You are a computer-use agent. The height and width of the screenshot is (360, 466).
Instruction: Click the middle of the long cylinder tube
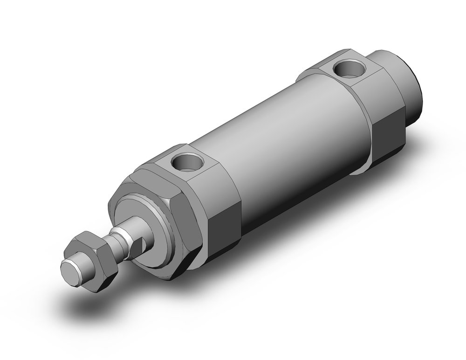(x=289, y=140)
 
